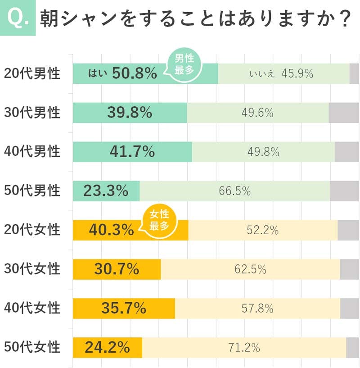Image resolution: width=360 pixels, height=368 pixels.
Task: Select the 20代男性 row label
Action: pyautogui.click(x=32, y=73)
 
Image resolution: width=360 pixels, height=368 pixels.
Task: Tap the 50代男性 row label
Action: pyautogui.click(x=32, y=191)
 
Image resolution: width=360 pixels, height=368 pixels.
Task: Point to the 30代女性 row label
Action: pyautogui.click(x=32, y=269)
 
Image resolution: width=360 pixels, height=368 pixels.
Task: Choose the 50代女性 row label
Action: pyautogui.click(x=32, y=347)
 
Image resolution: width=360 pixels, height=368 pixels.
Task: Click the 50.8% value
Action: pyautogui.click(x=134, y=73)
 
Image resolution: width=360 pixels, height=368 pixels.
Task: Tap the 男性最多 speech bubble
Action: pyautogui.click(x=184, y=65)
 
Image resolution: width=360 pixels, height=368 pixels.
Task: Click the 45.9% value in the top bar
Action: pyautogui.click(x=297, y=74)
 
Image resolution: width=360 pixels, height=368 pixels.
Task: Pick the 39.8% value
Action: pyautogui.click(x=130, y=113)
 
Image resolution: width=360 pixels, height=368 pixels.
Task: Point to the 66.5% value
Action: pyautogui.click(x=234, y=191)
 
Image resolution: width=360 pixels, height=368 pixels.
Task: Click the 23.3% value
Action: pyautogui.click(x=106, y=191)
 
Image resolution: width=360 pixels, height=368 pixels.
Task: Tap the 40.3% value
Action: pyautogui.click(x=111, y=230)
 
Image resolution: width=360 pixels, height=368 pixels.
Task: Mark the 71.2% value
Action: pyautogui.click(x=244, y=348)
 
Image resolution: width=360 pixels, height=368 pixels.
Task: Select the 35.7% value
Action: pyautogui.click(x=123, y=309)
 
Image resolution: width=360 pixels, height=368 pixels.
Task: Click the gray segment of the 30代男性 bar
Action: pyautogui.click(x=344, y=113)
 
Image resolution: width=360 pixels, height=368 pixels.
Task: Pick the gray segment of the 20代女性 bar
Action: pyautogui.click(x=348, y=230)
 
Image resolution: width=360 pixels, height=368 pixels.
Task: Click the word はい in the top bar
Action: pyautogui.click(x=98, y=74)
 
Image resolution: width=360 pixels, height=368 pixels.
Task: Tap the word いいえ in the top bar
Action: pyautogui.click(x=261, y=74)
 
